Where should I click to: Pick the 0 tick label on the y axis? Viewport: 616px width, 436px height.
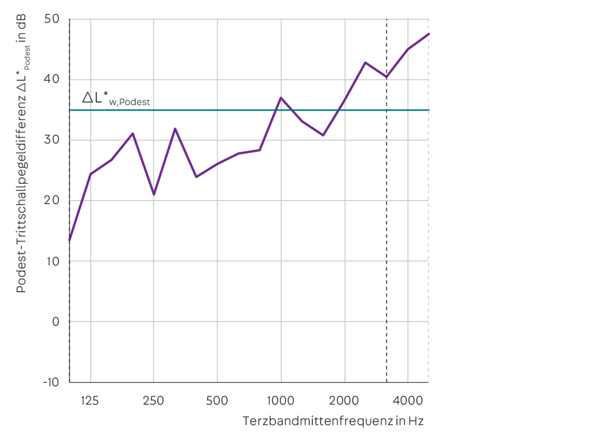click(56, 322)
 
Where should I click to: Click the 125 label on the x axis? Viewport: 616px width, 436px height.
click(90, 401)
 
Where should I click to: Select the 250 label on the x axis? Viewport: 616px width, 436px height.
click(153, 401)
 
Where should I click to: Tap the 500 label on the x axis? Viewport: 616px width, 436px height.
click(217, 401)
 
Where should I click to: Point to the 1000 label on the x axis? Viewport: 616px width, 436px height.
click(281, 401)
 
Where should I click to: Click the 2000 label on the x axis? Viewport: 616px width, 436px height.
click(344, 401)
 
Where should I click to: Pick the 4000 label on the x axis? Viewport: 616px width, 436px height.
click(408, 401)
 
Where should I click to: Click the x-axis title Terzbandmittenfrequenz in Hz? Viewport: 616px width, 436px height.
click(333, 421)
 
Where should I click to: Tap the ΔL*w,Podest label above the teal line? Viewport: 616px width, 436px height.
click(116, 98)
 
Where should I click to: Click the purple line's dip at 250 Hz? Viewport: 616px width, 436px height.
click(154, 195)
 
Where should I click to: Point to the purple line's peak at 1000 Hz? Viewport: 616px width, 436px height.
click(281, 98)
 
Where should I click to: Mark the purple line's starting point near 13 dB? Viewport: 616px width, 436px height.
click(69, 240)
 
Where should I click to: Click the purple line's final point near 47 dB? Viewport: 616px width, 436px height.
click(428, 34)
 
